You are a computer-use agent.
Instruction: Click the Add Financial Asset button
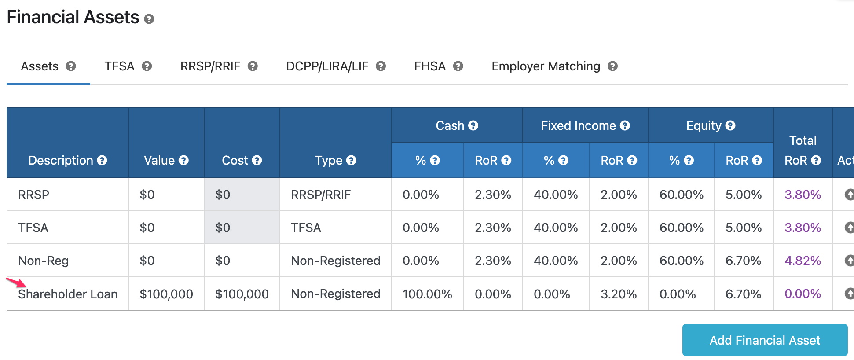[764, 340]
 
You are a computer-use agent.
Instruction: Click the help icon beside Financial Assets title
[149, 19]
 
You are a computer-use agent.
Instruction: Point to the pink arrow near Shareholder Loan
[16, 282]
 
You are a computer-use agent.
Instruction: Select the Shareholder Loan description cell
[68, 294]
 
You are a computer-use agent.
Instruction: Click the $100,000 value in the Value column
[166, 294]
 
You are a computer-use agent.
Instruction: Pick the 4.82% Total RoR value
[803, 261]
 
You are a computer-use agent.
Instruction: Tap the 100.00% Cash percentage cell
[427, 294]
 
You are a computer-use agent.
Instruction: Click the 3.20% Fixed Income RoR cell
[618, 294]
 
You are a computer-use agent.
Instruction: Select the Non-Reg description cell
[44, 261]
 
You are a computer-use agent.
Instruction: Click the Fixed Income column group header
[578, 126]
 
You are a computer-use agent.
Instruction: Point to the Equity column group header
[704, 126]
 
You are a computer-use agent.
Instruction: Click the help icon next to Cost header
[257, 161]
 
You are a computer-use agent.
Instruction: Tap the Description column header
[61, 161]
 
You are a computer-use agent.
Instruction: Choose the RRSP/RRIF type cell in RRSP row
[321, 195]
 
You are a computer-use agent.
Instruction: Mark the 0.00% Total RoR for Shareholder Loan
[803, 294]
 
